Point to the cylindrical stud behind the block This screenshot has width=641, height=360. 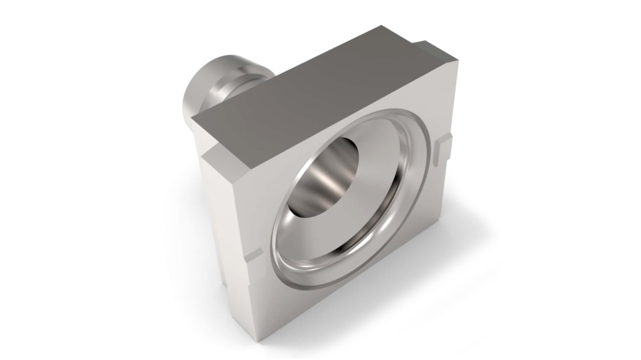212,86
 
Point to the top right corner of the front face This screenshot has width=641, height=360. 457,61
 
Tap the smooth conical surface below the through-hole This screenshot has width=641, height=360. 343,226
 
